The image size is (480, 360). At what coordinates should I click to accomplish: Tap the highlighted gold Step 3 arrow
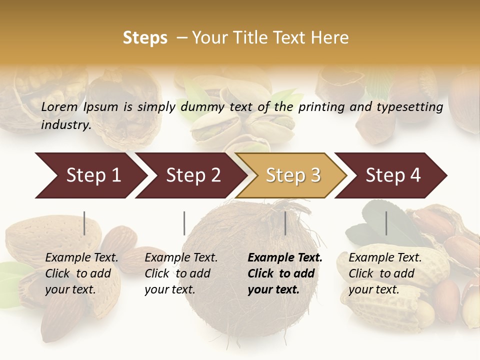click(x=293, y=175)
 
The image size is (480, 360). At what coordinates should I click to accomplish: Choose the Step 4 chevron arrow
click(x=393, y=175)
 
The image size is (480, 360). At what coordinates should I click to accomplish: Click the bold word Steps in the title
click(x=145, y=38)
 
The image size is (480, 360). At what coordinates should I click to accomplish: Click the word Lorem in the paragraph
click(x=59, y=107)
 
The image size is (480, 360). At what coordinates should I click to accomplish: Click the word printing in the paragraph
click(x=322, y=107)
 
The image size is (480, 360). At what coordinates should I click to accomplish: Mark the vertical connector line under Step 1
click(x=84, y=223)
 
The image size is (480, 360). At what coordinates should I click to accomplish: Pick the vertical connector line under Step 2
click(x=184, y=223)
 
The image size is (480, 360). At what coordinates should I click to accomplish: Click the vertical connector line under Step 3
click(x=285, y=223)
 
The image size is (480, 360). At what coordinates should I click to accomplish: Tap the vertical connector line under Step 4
click(x=386, y=223)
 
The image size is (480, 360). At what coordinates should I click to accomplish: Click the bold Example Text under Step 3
click(x=285, y=258)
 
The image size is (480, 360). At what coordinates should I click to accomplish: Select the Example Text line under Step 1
click(x=81, y=258)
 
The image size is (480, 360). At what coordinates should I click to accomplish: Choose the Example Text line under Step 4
click(x=385, y=258)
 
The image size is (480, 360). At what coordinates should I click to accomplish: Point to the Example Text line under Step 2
click(x=181, y=258)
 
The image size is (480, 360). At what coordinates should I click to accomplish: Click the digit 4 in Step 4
click(x=415, y=175)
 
